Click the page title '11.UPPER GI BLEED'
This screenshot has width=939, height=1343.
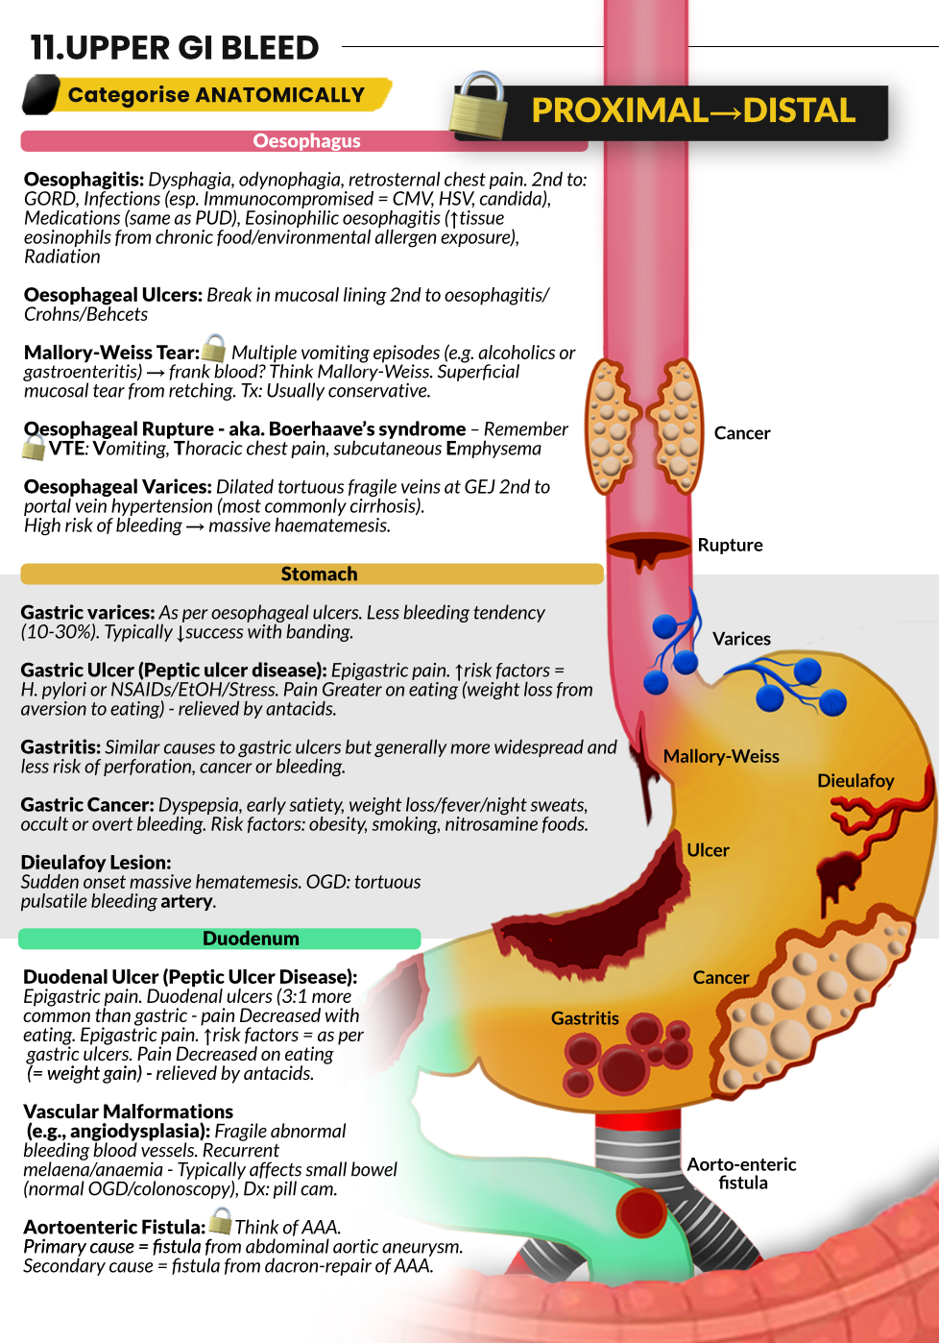(175, 47)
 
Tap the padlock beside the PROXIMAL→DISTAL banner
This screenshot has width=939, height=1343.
(478, 106)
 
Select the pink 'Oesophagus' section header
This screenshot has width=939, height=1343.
(305, 141)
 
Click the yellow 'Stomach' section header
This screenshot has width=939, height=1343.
(318, 574)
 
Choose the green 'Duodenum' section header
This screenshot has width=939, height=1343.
(250, 939)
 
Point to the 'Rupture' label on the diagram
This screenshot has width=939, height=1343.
(730, 545)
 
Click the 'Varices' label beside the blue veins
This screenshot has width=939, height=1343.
(741, 639)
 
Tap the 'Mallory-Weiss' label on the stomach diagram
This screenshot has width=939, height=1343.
(720, 756)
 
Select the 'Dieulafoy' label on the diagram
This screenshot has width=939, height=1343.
(855, 781)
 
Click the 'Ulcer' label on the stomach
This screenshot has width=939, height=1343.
(708, 850)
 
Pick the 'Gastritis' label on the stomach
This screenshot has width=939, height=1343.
(585, 1018)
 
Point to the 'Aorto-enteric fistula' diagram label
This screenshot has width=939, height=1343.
(741, 1173)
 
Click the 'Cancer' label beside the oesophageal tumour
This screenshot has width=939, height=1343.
(741, 433)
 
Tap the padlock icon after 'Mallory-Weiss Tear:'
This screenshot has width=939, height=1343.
(214, 348)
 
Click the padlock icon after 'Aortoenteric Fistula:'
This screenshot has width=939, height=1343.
(221, 1221)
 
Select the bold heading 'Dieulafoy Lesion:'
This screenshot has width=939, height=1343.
(96, 863)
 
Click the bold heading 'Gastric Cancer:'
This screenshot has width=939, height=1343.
(87, 805)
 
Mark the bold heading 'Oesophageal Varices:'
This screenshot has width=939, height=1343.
(117, 487)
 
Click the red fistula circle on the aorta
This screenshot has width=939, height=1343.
(641, 1211)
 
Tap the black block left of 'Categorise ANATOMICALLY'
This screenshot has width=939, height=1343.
(40, 95)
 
